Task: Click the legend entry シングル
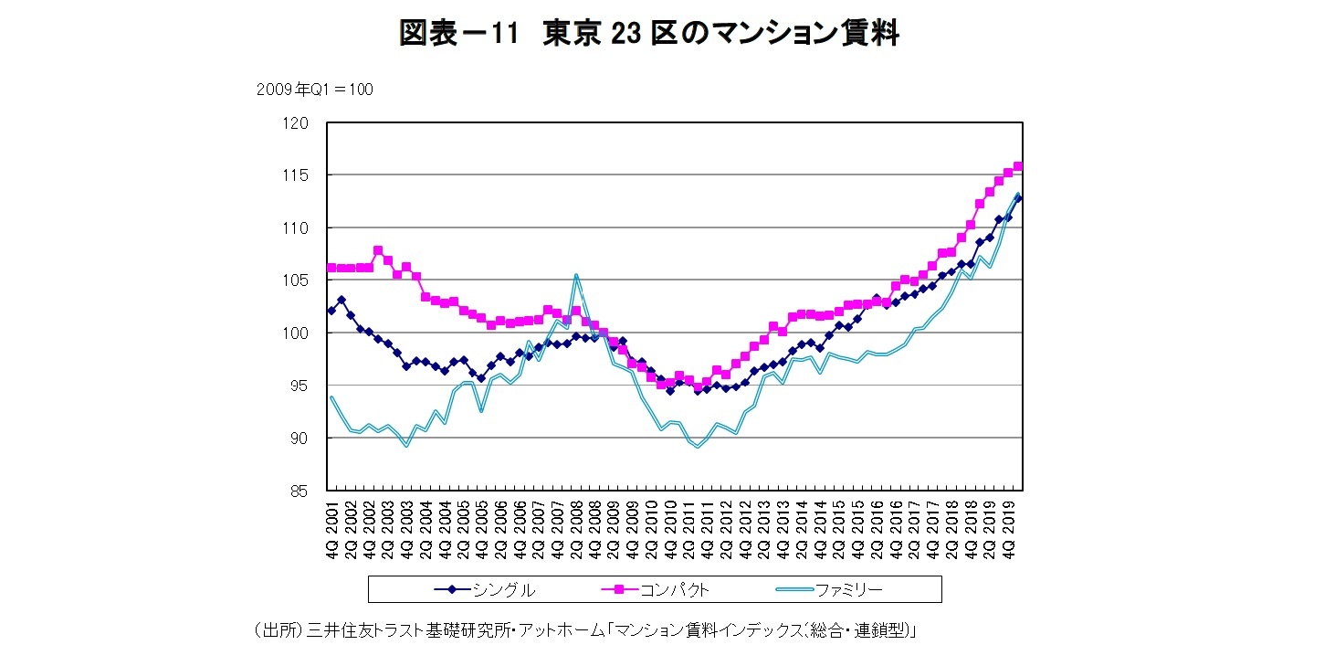pos(503,590)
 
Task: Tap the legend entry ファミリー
pos(848,590)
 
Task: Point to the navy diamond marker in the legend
pos(452,590)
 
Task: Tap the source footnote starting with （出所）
pos(584,630)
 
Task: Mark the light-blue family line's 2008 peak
pos(576,275)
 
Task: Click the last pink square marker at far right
pos(1018,166)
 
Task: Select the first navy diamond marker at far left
pos(331,311)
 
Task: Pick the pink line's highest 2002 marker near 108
pos(378,250)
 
